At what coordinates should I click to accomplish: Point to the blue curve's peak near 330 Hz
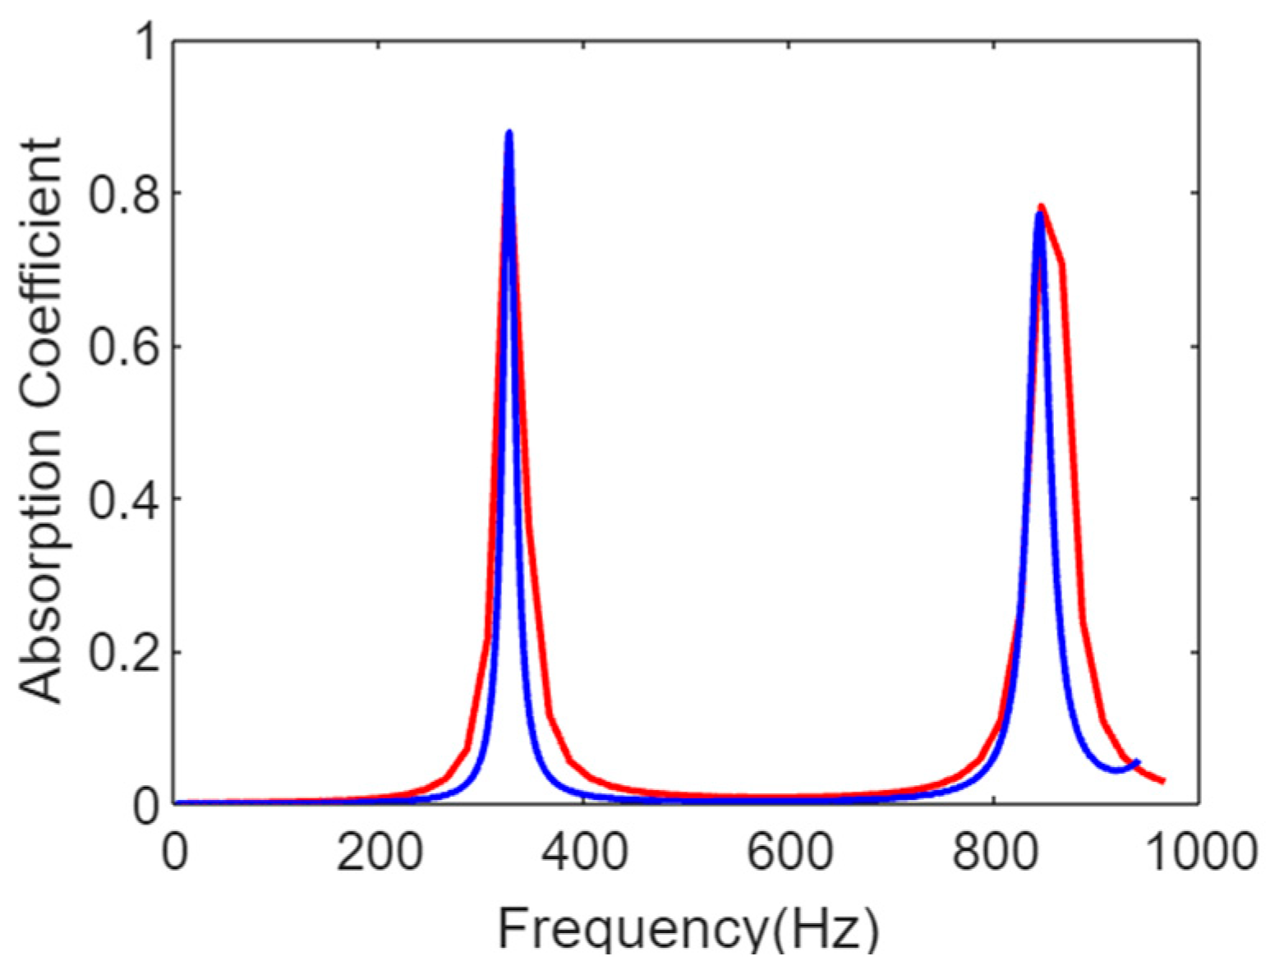coord(509,132)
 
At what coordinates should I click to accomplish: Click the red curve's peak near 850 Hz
coord(1042,206)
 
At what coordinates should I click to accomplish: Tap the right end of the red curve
coord(1163,780)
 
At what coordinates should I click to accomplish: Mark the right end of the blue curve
coord(1138,762)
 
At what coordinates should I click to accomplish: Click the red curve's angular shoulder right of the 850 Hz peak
coord(1062,264)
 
